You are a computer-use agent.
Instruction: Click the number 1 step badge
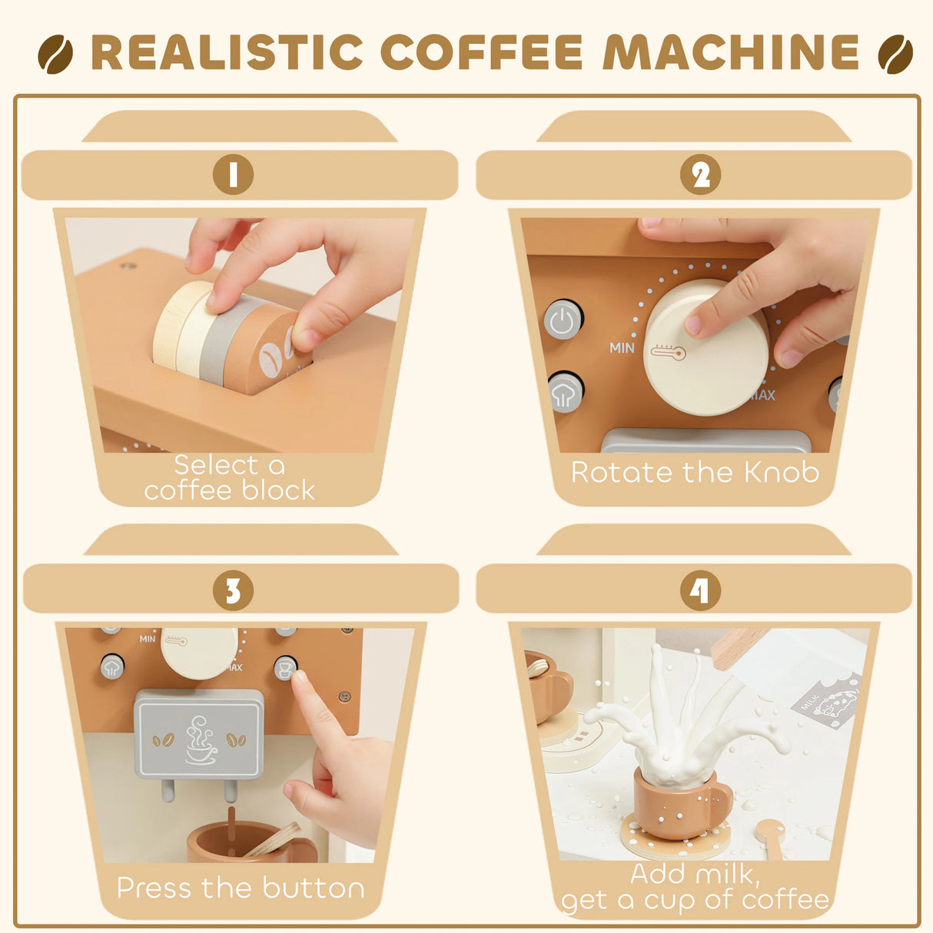click(x=233, y=174)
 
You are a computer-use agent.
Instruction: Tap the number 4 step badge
click(x=700, y=590)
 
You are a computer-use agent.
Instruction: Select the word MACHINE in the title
click(x=730, y=52)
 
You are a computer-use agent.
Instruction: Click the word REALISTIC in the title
click(x=227, y=52)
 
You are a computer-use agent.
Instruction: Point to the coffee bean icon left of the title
click(x=55, y=54)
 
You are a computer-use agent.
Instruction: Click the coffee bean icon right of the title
click(x=895, y=54)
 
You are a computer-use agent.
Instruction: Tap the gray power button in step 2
click(x=563, y=320)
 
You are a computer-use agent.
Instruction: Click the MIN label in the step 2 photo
click(x=622, y=348)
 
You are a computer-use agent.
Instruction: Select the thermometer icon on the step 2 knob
click(x=667, y=352)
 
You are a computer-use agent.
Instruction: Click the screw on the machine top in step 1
click(x=127, y=267)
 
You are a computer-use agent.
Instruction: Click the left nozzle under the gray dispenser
click(x=168, y=790)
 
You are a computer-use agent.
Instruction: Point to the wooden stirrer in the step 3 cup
click(x=273, y=840)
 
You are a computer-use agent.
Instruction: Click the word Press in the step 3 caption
click(x=154, y=888)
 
